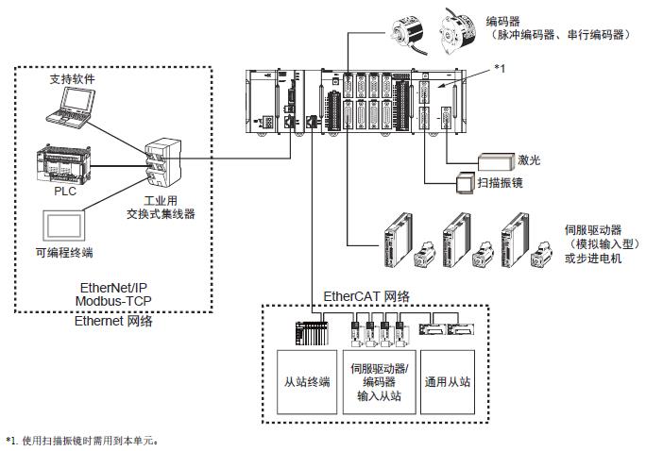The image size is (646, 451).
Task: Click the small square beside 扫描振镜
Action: pyautogui.click(x=466, y=183)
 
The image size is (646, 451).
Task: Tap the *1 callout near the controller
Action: pyautogui.click(x=501, y=68)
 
